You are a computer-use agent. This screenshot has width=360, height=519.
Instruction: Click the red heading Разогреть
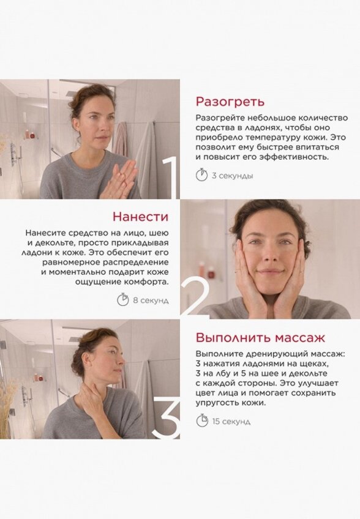[x=230, y=102]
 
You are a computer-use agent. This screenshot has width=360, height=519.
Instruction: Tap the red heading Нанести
[x=140, y=217]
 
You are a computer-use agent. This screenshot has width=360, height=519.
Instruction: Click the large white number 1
[x=170, y=177]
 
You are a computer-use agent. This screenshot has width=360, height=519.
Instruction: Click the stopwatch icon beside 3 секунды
[x=201, y=175]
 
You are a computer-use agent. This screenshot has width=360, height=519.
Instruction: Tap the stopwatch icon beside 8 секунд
[x=122, y=300]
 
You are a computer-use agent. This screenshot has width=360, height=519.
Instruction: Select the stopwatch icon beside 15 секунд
[x=201, y=420]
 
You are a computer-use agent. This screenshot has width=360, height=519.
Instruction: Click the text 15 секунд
[x=231, y=421]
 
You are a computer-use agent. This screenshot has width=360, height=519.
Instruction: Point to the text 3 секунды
[x=233, y=176]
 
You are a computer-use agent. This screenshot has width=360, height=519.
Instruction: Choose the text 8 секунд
[x=151, y=301]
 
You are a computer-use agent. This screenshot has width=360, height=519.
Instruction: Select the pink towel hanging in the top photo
[x=121, y=138]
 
